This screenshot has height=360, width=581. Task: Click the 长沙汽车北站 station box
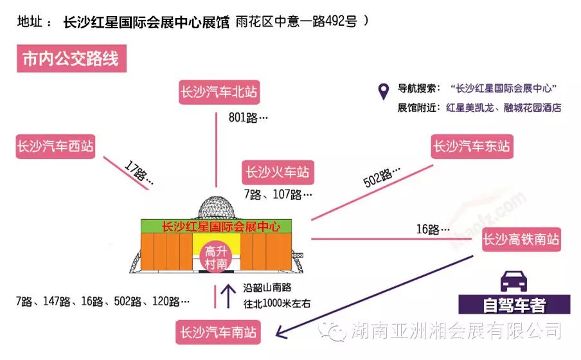coord(218,93)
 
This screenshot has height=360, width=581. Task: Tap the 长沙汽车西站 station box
coord(55,147)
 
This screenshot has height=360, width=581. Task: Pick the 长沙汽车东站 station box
coord(472,147)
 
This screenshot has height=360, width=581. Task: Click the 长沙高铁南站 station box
coord(521,240)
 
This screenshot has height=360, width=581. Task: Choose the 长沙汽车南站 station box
coord(218,332)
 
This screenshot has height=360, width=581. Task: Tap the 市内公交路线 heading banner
coord(71,60)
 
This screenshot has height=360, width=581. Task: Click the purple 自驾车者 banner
coord(514,305)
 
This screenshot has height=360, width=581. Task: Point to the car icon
coord(514,282)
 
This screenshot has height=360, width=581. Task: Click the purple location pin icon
coord(383,92)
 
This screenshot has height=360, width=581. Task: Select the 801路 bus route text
coord(247,118)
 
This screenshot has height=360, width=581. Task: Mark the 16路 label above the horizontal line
coord(432,229)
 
